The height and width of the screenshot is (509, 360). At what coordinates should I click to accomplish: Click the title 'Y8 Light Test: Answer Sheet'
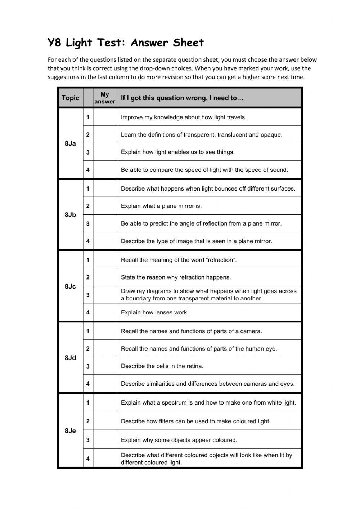point(126,43)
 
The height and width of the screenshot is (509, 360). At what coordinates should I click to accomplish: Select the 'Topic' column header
point(70,98)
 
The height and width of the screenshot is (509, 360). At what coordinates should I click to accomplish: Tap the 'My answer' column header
point(105,98)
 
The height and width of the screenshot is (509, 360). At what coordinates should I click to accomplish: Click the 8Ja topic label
point(70,143)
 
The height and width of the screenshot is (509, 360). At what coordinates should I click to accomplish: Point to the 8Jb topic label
point(70,215)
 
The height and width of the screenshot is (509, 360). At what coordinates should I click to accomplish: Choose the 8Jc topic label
point(70,286)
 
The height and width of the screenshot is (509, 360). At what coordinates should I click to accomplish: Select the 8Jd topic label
point(70,358)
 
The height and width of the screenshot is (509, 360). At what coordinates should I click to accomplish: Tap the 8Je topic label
point(70,431)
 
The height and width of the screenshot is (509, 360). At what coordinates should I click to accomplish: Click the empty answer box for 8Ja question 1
point(105,117)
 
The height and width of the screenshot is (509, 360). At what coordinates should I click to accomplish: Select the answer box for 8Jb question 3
point(105,223)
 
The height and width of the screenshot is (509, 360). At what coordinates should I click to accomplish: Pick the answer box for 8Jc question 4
point(105,312)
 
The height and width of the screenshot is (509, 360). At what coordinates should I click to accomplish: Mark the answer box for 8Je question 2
point(105,421)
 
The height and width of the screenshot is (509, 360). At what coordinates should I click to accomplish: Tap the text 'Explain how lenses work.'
point(154,312)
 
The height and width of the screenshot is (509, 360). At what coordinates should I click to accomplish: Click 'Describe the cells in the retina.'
point(162,366)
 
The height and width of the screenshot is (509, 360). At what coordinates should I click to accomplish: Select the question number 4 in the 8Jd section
point(88,384)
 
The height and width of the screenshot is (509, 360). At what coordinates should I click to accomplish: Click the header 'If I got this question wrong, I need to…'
point(182,98)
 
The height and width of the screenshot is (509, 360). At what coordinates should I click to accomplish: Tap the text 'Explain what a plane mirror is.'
point(161,206)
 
